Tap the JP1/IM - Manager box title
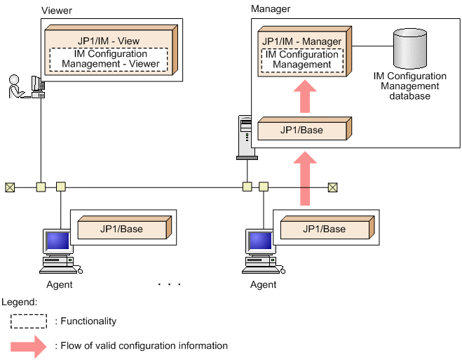click(x=301, y=41)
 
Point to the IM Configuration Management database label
click(x=410, y=86)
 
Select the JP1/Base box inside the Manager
click(x=302, y=131)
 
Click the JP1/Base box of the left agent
click(x=121, y=229)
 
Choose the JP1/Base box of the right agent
click(x=324, y=229)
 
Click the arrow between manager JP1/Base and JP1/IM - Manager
click(x=303, y=97)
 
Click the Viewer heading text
click(x=56, y=11)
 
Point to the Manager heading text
click(x=270, y=9)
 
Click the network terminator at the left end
click(x=9, y=187)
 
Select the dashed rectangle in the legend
click(x=29, y=321)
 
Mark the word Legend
click(x=19, y=301)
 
